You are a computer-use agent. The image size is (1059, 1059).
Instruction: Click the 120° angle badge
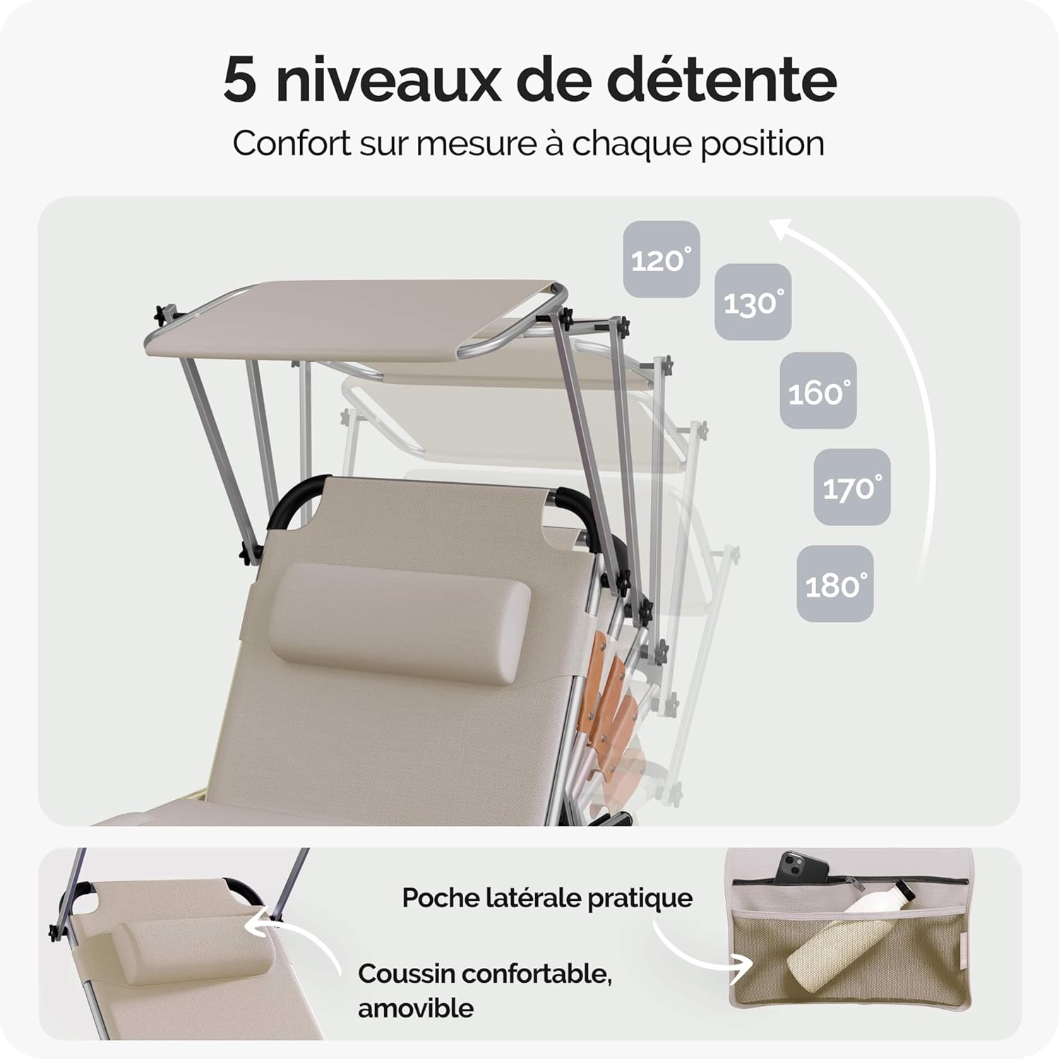[661, 259]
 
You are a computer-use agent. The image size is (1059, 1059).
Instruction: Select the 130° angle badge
[753, 302]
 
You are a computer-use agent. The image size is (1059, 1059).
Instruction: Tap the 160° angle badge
[818, 390]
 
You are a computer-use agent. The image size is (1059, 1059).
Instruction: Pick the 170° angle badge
[851, 487]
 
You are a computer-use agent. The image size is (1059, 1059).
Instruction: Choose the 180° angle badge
[835, 584]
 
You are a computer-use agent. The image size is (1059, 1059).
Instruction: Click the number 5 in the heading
[240, 80]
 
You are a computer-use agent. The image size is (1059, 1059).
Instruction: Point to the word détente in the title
[722, 80]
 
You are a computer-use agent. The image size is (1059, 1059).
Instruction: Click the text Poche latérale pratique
[547, 898]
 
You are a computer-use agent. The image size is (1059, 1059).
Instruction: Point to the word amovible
[415, 1007]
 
